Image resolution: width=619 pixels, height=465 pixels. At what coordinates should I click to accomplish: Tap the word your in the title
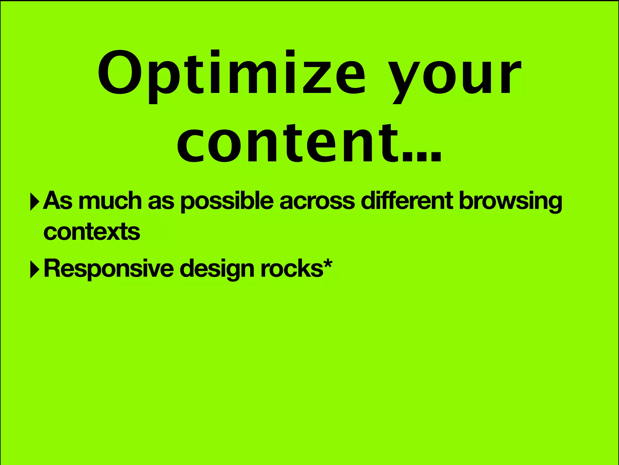click(455, 76)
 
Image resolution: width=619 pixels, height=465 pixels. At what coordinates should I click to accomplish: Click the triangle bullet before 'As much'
click(35, 202)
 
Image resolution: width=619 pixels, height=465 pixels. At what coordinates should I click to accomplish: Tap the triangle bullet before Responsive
click(35, 269)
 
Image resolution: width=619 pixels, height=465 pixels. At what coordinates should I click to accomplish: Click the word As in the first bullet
click(58, 201)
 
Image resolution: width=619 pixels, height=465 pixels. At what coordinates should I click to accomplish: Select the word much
click(110, 201)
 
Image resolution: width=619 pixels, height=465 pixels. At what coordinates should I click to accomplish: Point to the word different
click(407, 200)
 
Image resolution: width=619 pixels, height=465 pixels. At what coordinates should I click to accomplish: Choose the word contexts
click(92, 232)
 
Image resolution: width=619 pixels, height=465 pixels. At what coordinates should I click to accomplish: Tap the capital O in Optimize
click(120, 72)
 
